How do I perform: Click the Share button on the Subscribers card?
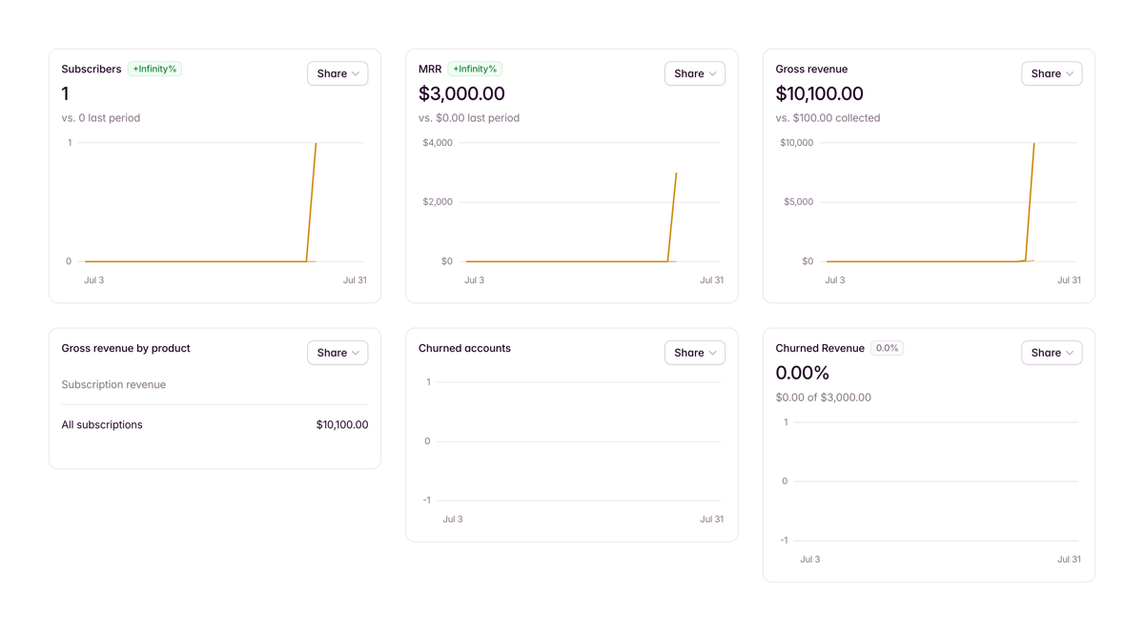coord(337,73)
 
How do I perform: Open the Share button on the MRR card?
coord(694,73)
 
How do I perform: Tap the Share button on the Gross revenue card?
coord(1052,73)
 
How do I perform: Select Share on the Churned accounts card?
coord(694,353)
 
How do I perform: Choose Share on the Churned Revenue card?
coord(1052,353)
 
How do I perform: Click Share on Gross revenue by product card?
coord(337,353)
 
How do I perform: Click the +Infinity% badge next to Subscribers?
coord(154,69)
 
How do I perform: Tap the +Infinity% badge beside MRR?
coord(475,69)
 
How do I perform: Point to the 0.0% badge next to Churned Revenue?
coord(887,348)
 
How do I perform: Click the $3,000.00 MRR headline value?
coord(461,93)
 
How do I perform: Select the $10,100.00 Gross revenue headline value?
coord(819,93)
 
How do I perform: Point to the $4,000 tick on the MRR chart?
coord(438,143)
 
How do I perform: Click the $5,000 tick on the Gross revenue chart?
coord(798,202)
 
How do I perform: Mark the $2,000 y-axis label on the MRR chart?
coord(438,202)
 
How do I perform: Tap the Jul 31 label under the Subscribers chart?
coord(355,280)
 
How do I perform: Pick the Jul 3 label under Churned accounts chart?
coord(453,519)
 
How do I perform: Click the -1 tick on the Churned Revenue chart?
coord(784,540)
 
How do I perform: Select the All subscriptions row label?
coord(102,425)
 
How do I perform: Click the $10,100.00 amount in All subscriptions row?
coord(341,425)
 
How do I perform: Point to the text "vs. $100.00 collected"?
coord(827,118)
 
